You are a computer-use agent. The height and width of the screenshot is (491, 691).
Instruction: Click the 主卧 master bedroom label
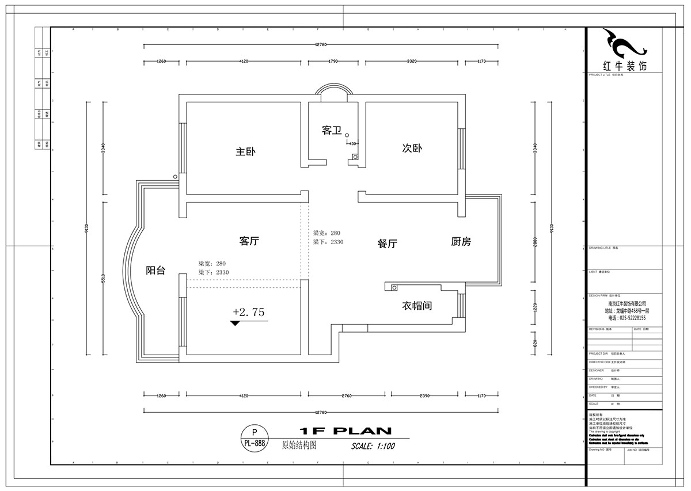click(x=245, y=152)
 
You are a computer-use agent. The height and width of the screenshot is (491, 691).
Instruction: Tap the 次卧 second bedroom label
click(x=412, y=148)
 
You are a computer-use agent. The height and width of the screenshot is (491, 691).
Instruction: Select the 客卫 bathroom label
click(x=331, y=131)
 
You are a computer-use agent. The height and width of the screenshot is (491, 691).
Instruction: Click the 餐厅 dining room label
click(x=388, y=243)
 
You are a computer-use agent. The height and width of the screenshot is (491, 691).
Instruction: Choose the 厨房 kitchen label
click(x=461, y=242)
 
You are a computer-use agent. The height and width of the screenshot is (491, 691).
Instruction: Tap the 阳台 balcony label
click(x=155, y=270)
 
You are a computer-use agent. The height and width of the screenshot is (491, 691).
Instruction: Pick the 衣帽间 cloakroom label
click(x=417, y=306)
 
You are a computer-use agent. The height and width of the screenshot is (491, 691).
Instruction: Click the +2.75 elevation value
click(x=248, y=312)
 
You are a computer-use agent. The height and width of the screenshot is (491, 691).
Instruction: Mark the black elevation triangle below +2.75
click(x=234, y=323)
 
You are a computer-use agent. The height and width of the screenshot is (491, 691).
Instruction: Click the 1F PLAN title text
click(x=345, y=431)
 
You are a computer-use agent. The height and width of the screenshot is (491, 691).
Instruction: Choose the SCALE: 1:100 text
click(x=373, y=446)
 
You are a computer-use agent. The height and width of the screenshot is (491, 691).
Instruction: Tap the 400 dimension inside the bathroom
click(x=352, y=143)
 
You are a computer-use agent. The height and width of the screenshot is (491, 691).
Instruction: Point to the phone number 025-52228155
click(x=627, y=318)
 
